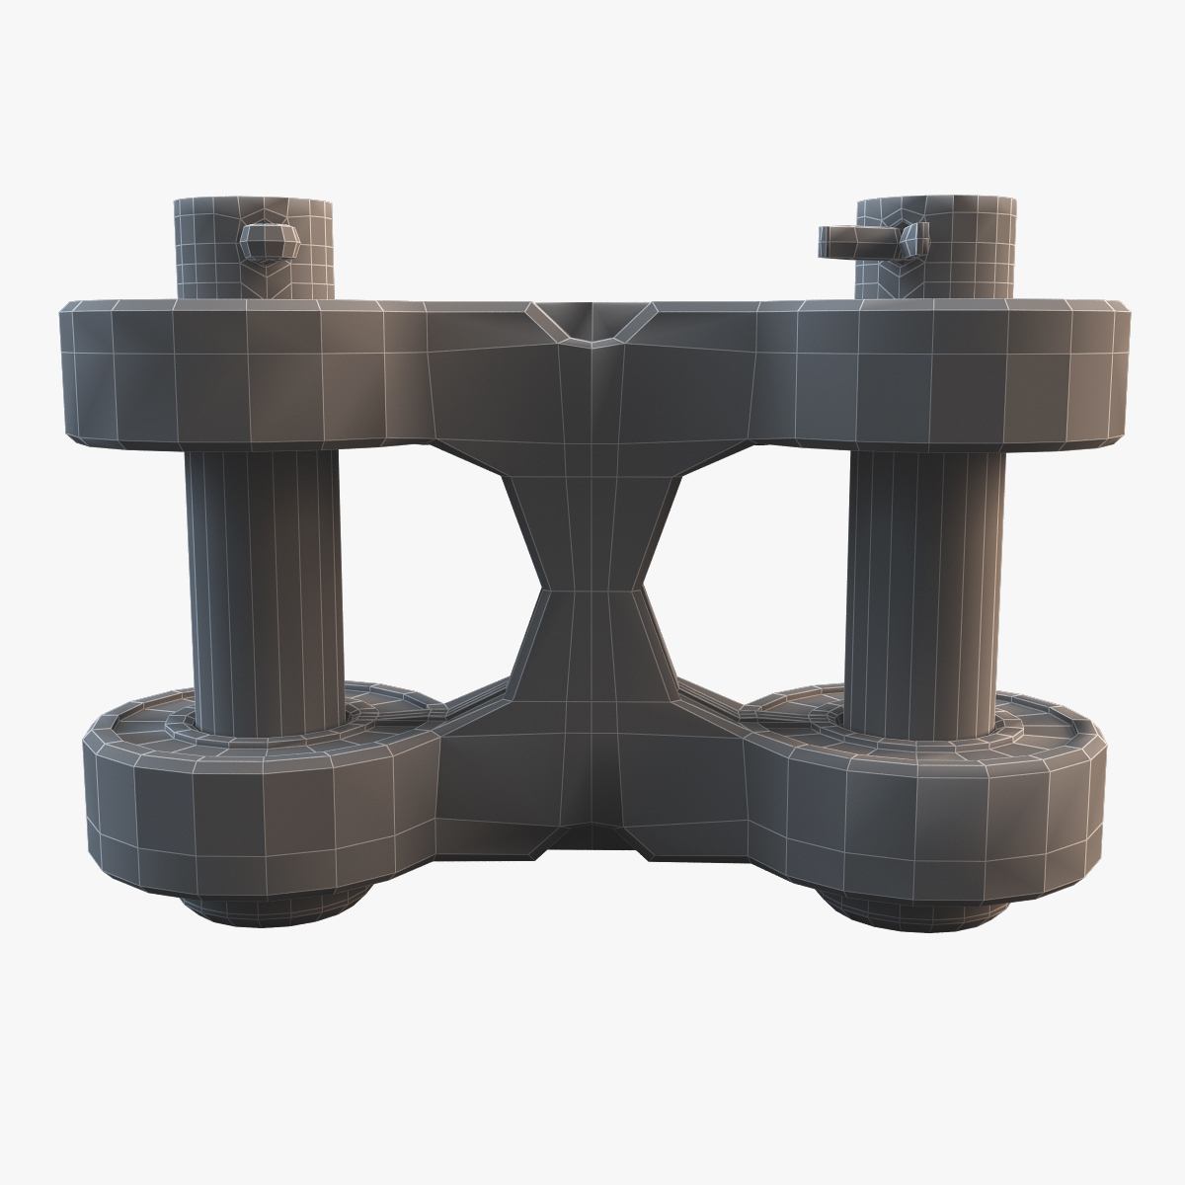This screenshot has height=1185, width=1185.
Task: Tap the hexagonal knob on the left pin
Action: (267, 241)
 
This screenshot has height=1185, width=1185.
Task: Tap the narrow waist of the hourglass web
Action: (591, 591)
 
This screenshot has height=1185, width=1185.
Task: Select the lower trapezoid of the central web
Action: (591, 652)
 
